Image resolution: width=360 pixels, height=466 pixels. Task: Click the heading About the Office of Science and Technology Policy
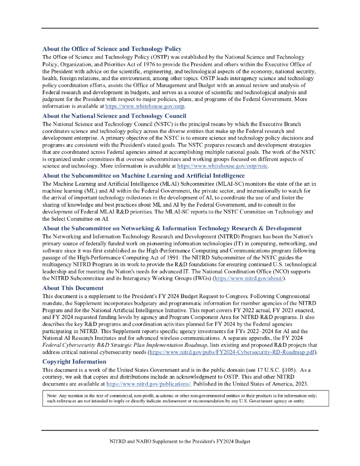click(112, 49)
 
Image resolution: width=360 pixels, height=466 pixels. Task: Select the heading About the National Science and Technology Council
click(114, 116)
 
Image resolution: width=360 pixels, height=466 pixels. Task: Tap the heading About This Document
click(73, 288)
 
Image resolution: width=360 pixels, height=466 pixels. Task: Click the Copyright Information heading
click(74, 362)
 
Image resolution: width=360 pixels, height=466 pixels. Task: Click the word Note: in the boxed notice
click(52, 396)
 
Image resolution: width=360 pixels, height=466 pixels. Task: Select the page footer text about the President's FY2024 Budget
click(180, 441)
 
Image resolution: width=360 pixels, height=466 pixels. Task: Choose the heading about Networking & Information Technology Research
click(172, 228)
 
